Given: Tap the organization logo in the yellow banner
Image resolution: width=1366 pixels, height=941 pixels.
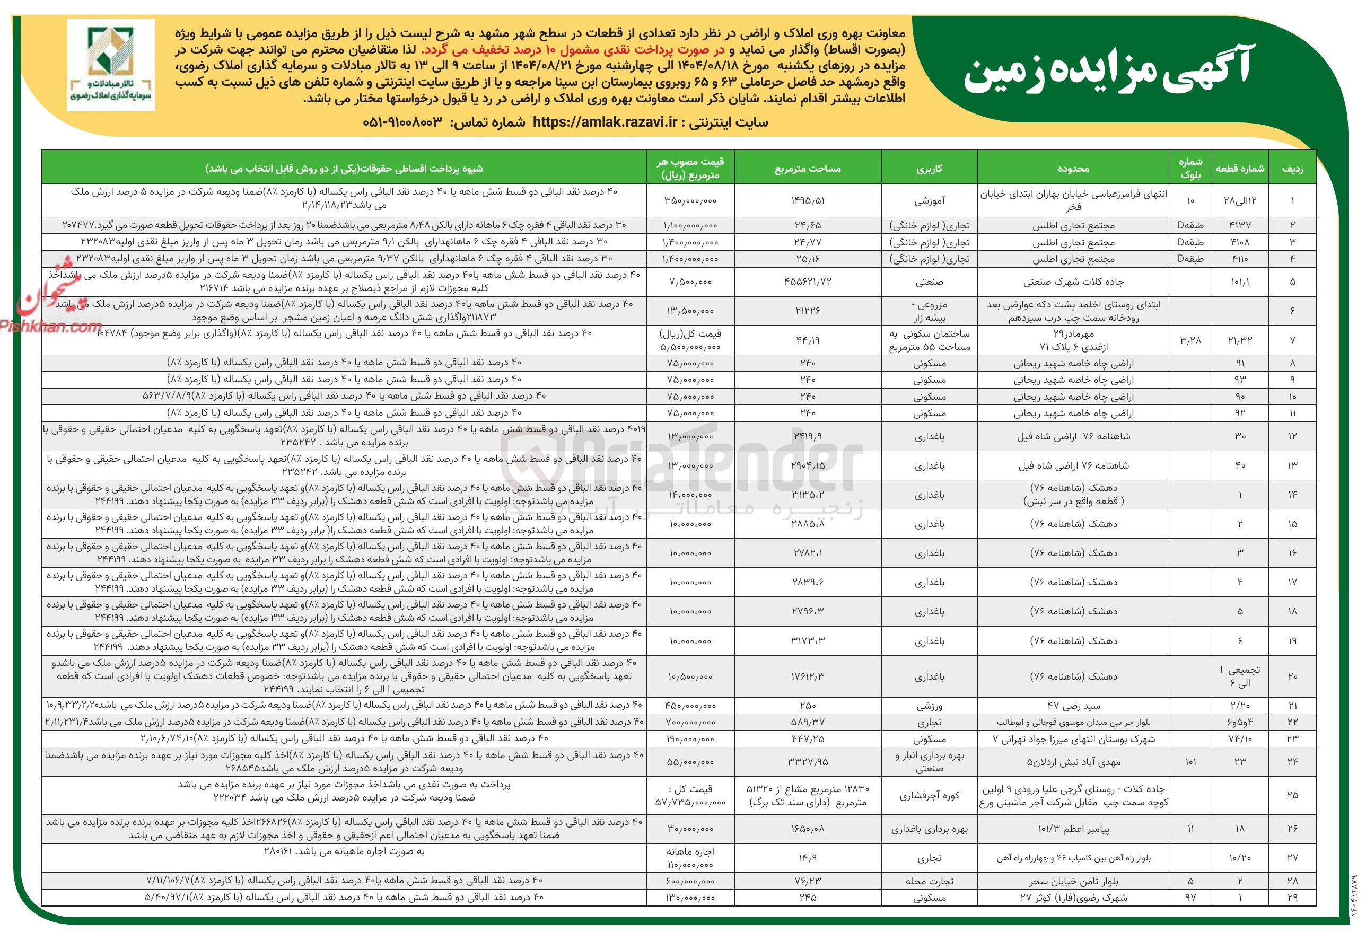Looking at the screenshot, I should point(111,65).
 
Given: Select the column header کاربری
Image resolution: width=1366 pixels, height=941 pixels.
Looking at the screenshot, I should point(929,169).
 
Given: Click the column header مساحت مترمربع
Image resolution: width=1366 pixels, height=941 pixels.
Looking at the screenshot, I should point(808,169).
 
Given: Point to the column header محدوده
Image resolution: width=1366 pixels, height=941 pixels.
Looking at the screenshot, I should point(1073,169).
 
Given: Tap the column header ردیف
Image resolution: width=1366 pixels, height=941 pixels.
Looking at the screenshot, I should point(1292,169).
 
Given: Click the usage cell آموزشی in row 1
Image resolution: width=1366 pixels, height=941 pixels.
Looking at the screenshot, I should point(929,200).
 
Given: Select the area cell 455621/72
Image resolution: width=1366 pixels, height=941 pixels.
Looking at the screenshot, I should point(808,282).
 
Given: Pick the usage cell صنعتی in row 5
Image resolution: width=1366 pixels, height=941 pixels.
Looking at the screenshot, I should point(929,282).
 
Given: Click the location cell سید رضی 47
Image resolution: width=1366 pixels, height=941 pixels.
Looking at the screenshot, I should point(1073,705).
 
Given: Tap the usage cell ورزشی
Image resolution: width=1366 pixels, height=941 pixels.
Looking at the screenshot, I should point(929,705).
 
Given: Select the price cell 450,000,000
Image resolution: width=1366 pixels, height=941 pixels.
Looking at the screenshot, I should point(689,705).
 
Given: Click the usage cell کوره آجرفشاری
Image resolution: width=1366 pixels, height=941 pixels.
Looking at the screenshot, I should point(929,795).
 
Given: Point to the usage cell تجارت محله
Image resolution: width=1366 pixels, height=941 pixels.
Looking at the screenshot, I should point(929,881).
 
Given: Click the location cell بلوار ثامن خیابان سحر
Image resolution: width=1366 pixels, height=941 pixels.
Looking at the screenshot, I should point(1073,881).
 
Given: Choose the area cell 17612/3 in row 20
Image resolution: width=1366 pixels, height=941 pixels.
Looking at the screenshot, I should point(808,676).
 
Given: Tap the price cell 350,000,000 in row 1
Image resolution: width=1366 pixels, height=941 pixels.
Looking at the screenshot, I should point(689,200).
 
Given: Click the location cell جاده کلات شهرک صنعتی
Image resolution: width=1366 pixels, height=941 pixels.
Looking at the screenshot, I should point(1073,282).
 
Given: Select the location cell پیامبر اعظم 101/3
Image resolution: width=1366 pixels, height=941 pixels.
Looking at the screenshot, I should point(1073,829).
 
